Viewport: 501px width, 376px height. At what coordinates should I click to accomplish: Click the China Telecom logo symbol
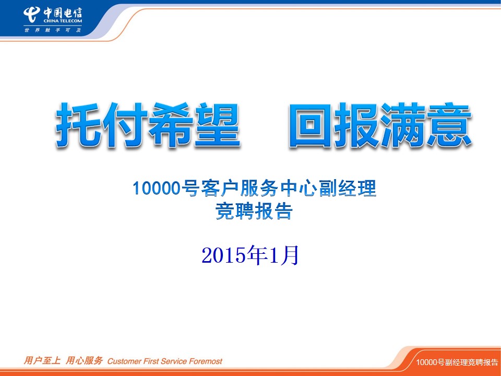pos(31,15)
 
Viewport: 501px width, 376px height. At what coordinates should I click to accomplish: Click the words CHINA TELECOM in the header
pos(63,21)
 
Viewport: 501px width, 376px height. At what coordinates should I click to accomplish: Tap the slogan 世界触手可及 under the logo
pos(53,30)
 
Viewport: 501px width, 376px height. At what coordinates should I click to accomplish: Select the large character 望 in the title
pos(217,125)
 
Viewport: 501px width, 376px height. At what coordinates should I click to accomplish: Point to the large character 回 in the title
pos(312,125)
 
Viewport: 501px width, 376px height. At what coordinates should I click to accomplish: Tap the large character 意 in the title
pos(449,125)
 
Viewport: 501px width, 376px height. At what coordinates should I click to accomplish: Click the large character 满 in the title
pos(403,125)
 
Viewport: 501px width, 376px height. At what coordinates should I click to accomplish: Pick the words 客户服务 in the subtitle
pos(240,188)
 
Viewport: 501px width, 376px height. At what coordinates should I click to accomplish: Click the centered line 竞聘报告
pos(254,211)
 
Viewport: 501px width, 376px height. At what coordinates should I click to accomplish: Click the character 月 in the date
pos(290,255)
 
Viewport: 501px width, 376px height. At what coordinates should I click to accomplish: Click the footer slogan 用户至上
pos(42,361)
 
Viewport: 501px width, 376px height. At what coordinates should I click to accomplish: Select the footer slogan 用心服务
pos(85,361)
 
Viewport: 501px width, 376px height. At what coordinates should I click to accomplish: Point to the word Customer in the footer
pos(124,361)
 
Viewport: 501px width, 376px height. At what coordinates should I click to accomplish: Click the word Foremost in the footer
pos(206,361)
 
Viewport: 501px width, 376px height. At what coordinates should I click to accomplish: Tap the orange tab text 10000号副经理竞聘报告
pos(457,362)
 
